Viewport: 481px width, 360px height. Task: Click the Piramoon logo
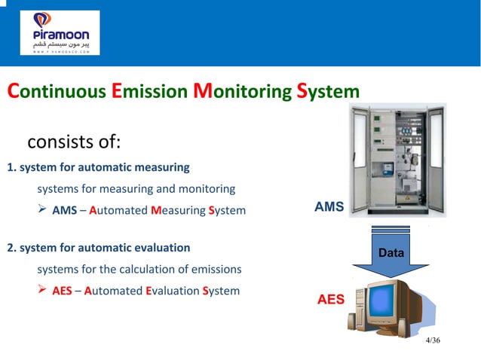pyautogui.click(x=60, y=33)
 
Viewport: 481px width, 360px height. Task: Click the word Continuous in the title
pyautogui.click(x=57, y=92)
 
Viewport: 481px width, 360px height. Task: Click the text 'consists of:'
pyautogui.click(x=74, y=142)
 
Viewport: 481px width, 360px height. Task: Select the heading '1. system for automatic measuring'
pyautogui.click(x=98, y=166)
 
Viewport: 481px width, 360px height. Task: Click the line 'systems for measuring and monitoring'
pyautogui.click(x=136, y=188)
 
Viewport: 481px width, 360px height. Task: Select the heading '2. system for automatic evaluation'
pyautogui.click(x=98, y=247)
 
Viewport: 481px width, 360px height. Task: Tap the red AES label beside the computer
pyautogui.click(x=330, y=299)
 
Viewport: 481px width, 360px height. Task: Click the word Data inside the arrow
pyautogui.click(x=391, y=254)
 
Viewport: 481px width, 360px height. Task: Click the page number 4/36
pyautogui.click(x=433, y=341)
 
